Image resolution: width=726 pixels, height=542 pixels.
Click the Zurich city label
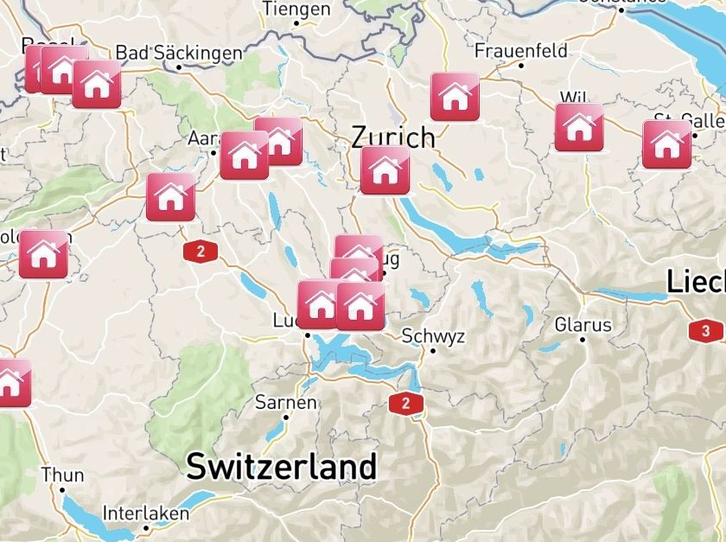pos(393,137)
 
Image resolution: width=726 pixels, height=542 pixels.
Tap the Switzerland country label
pos(282,467)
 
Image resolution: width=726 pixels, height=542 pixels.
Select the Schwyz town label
pos(434,336)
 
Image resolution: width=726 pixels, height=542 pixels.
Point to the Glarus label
pos(583,325)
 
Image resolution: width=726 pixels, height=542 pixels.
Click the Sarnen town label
pos(286,403)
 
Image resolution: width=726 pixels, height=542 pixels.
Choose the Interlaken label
pos(145,513)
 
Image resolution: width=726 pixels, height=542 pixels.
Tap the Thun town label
pos(63,475)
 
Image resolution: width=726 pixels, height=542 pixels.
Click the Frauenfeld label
pos(521,50)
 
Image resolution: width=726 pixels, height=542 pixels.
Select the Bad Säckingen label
pos(179,54)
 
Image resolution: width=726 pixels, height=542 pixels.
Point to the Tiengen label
pos(296,10)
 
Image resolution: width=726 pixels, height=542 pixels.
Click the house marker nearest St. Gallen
pos(666,144)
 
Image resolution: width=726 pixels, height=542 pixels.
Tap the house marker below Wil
pos(578,128)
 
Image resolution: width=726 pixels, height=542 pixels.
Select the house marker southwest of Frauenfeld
pos(455,97)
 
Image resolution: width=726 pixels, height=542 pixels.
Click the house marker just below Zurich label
pos(385,170)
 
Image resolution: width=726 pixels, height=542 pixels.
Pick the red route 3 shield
pos(706,330)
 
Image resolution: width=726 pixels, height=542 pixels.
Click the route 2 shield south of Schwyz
pos(405,403)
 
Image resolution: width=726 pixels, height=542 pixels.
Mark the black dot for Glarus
pos(583,340)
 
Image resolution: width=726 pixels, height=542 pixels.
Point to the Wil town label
pos(573,97)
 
